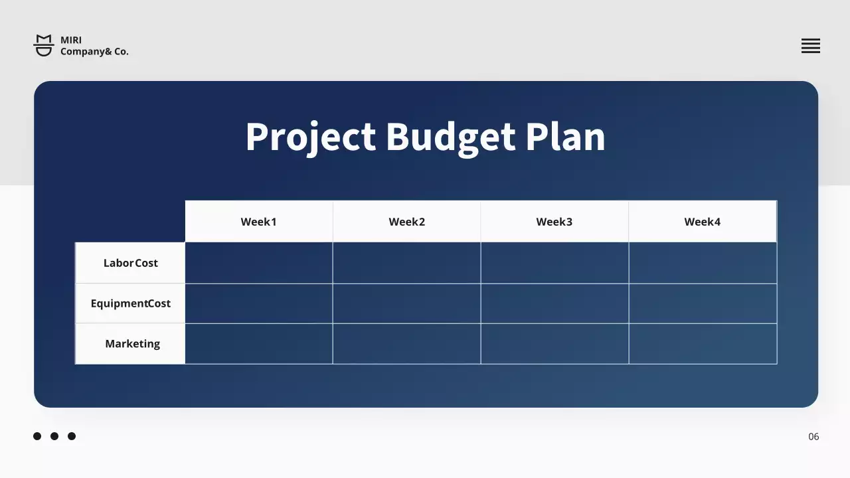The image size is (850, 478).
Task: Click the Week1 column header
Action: point(259,222)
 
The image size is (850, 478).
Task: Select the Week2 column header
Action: point(406,222)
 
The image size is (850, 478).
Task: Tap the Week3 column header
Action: point(554,222)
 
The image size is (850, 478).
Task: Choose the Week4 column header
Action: point(703,222)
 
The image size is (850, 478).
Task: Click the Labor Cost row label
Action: point(131,263)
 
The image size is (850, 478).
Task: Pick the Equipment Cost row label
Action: point(131,303)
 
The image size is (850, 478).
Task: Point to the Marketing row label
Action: point(132,344)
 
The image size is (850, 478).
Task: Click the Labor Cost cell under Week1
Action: point(259,263)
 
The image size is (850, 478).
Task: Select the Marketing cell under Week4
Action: point(703,344)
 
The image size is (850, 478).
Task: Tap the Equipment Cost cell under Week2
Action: point(406,303)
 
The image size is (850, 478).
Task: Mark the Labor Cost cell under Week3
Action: point(554,263)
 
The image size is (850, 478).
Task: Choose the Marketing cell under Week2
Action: point(406,344)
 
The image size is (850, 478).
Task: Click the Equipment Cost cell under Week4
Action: point(703,303)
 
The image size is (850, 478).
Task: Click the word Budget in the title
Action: point(451,137)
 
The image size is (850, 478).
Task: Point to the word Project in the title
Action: point(311,137)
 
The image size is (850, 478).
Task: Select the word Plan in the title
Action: point(565,137)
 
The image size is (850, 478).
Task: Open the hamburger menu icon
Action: point(811,46)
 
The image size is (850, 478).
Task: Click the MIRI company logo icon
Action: point(44,46)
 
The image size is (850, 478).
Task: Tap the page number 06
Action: point(813,437)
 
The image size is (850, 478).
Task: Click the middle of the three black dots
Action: point(54,436)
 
